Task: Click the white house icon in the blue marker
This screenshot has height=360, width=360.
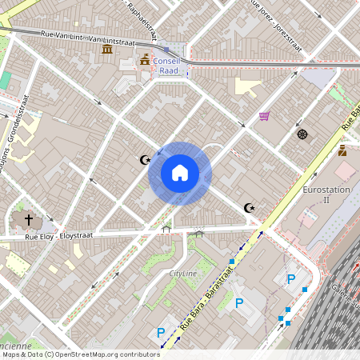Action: point(179,173)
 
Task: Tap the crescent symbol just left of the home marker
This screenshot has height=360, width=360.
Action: point(145,160)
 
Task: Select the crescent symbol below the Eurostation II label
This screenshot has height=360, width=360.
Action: point(250,209)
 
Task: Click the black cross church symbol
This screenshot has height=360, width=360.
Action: point(29,218)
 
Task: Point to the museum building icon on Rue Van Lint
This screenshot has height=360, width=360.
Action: point(106,50)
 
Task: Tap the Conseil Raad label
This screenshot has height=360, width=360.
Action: point(169,66)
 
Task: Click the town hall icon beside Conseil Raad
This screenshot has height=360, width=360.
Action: point(145,61)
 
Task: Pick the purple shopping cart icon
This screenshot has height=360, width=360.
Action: point(264,116)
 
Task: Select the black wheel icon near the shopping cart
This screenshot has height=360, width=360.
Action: point(302,134)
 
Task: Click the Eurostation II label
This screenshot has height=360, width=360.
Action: point(326,195)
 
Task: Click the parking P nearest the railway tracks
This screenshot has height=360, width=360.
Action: point(291,279)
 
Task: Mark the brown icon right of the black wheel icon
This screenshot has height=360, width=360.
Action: point(342,150)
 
